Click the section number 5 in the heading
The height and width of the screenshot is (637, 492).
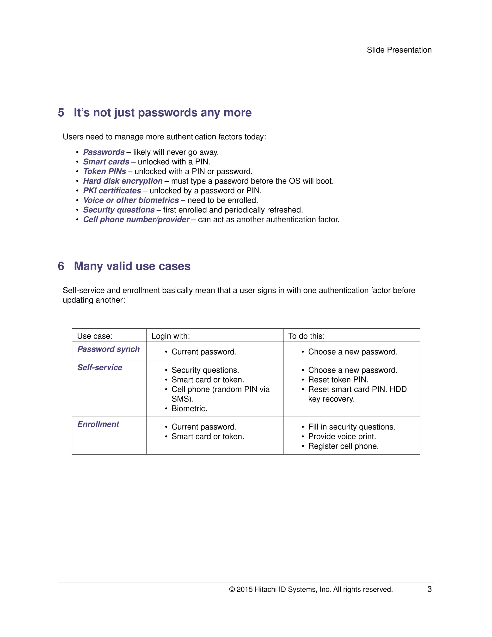[61, 112]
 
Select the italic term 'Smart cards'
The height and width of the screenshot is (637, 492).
[106, 162]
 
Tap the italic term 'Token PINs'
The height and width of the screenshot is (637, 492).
[105, 171]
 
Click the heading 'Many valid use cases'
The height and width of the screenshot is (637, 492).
[132, 266]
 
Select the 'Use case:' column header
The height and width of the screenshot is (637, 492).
[95, 336]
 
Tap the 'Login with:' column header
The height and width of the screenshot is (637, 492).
[171, 336]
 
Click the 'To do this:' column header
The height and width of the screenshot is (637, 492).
[306, 336]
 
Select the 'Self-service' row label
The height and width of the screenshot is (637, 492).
[100, 368]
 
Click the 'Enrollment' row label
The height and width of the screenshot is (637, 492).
[98, 424]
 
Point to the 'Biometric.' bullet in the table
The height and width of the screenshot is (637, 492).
[189, 408]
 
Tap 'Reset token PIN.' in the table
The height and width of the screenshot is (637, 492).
[338, 380]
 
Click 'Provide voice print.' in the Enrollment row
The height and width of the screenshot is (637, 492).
[342, 436]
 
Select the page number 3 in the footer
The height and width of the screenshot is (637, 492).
[429, 589]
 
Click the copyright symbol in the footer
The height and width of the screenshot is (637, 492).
[232, 589]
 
